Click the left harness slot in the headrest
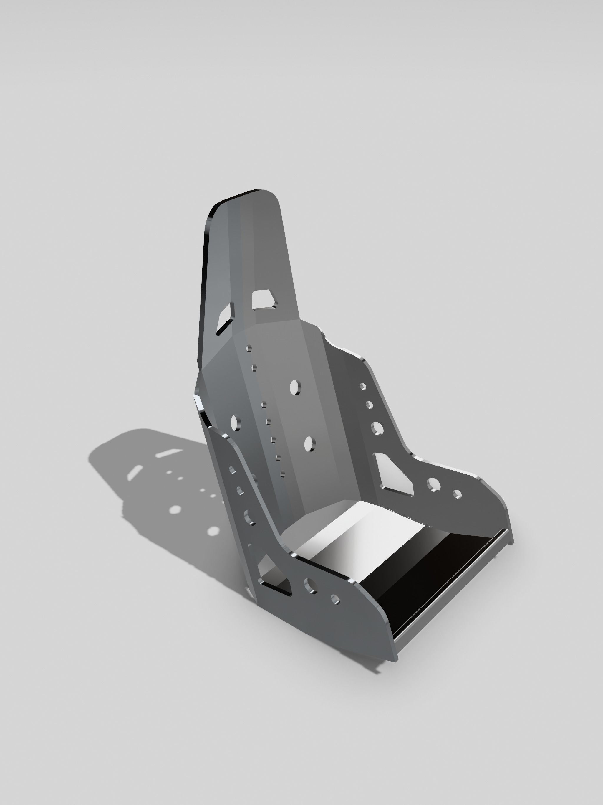pyautogui.click(x=226, y=318)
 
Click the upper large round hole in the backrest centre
pyautogui.click(x=295, y=387)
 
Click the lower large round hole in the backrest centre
pyautogui.click(x=309, y=444)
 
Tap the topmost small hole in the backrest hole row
pyautogui.click(x=249, y=349)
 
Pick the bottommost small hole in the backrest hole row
pyautogui.click(x=283, y=474)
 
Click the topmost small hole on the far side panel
pyautogui.click(x=363, y=386)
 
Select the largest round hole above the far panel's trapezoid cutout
pyautogui.click(x=377, y=428)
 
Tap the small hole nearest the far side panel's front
pyautogui.click(x=457, y=494)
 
